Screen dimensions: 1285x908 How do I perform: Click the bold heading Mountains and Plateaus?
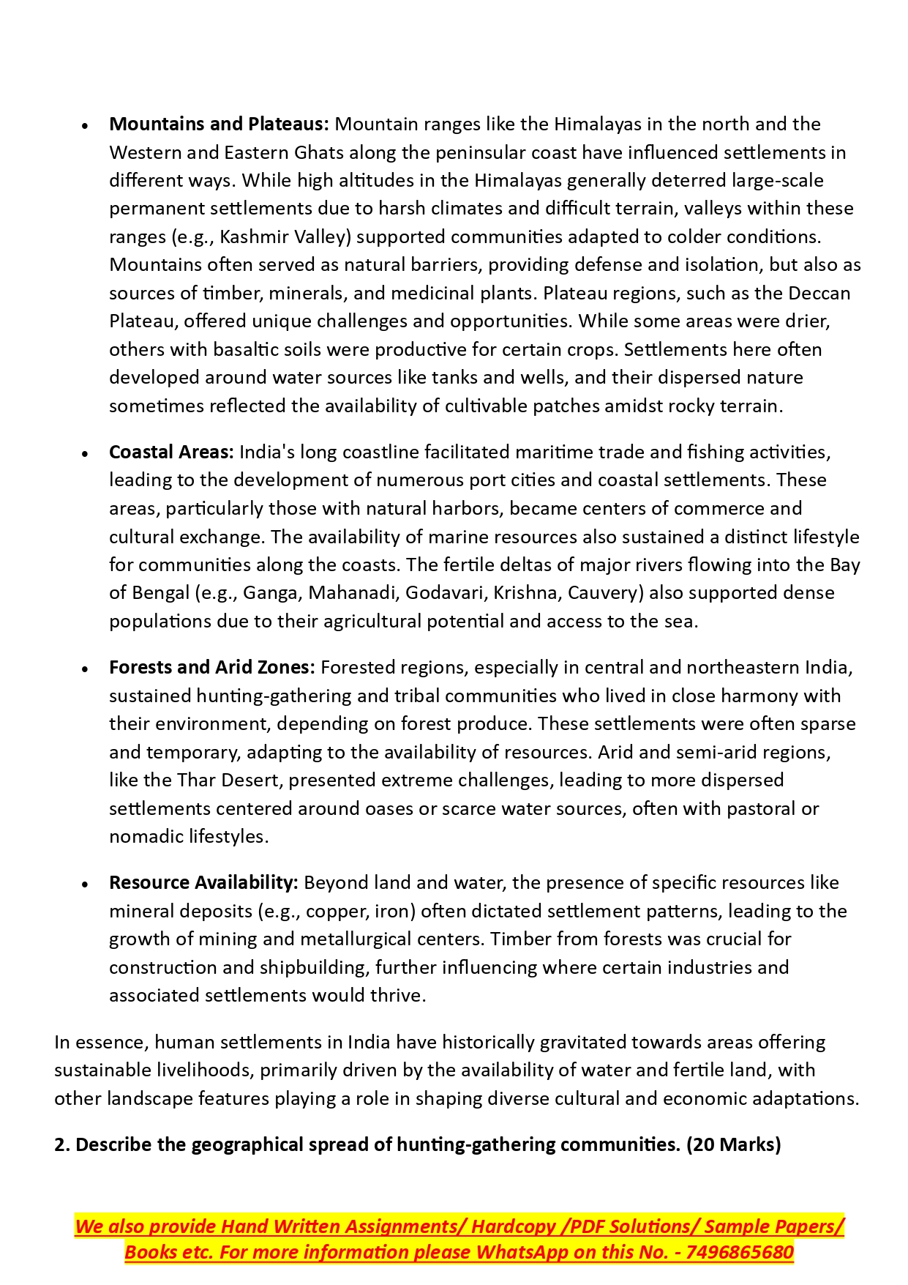pos(219,124)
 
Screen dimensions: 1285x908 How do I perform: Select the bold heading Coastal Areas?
pos(170,452)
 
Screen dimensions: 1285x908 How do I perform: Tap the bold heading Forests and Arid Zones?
pos(211,667)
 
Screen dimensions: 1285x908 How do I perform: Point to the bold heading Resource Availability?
pos(203,882)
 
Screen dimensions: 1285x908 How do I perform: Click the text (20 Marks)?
pos(733,1144)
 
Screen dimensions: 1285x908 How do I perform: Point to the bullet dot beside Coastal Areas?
pos(86,454)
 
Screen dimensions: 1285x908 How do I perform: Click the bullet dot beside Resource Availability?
pos(86,884)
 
